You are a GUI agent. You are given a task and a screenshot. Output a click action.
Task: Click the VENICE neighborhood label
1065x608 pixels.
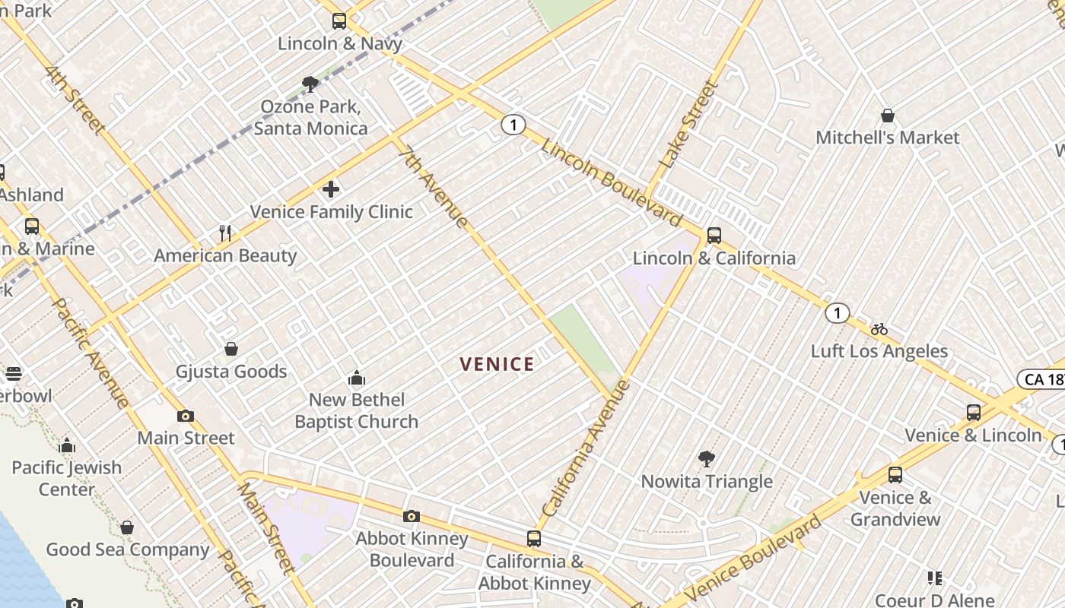coord(497,364)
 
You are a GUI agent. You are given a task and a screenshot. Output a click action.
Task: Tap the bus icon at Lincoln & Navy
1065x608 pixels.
coord(339,21)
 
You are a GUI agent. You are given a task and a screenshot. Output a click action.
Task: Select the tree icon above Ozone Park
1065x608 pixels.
coord(310,84)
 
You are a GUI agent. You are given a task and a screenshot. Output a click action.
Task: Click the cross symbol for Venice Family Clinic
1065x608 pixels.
coord(331,188)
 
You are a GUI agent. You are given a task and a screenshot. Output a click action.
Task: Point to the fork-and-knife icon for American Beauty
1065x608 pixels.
coord(225,233)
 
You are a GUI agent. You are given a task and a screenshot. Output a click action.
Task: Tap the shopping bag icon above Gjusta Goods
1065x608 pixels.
coord(231,349)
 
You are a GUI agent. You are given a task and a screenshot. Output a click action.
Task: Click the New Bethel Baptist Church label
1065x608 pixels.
coord(356,410)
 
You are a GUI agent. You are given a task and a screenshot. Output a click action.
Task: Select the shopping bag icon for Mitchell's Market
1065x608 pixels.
coord(887,116)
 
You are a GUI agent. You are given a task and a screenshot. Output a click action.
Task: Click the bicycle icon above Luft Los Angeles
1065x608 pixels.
coord(879,329)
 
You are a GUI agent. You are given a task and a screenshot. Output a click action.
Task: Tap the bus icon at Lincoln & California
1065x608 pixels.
coord(714,236)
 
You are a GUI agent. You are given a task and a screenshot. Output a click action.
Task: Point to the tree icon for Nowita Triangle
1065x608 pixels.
coord(707,458)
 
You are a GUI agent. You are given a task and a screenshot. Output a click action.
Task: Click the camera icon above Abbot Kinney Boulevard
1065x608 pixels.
coord(411,517)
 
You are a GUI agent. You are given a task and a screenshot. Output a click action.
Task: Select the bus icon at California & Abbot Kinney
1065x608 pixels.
coord(534,539)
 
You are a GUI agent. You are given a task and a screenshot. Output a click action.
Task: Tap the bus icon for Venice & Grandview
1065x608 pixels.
coord(895,475)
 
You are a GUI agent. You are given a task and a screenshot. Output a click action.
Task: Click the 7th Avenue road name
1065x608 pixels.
coord(433,187)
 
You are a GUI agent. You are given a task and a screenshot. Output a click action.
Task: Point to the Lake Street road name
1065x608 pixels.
coord(688,125)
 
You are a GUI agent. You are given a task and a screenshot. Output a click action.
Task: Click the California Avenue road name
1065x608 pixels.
coord(586,449)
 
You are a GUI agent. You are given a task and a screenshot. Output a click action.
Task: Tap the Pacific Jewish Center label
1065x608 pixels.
coord(67,478)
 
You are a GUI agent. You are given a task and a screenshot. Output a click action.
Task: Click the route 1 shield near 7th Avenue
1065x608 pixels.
coord(513,125)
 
